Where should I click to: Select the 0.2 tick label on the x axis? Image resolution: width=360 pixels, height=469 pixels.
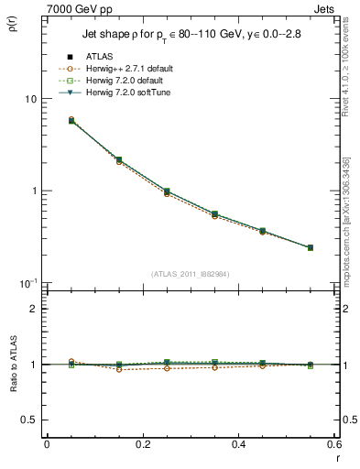click(142, 444)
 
